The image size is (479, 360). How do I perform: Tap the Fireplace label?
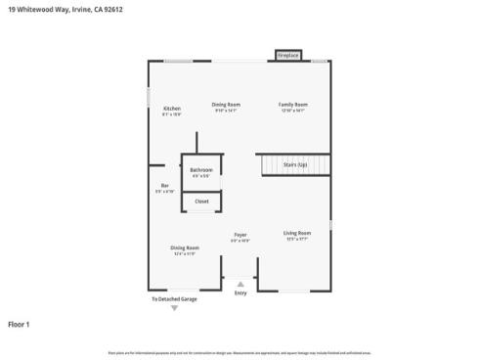click(287, 56)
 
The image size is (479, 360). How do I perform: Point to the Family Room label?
click(293, 104)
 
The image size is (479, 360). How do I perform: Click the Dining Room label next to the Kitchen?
click(227, 104)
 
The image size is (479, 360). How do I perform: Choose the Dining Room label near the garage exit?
click(185, 247)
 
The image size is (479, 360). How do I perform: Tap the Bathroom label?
click(201, 170)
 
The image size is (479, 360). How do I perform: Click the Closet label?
click(201, 201)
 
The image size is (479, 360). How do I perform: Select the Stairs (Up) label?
click(295, 165)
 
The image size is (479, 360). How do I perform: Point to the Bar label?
click(164, 185)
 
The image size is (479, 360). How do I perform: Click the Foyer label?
click(239, 234)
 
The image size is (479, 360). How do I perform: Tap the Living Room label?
click(297, 232)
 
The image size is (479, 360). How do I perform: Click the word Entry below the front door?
click(240, 292)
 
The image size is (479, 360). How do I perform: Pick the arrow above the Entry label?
click(240, 284)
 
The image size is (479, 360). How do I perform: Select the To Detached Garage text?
click(174, 298)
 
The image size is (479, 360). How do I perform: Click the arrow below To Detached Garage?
click(175, 308)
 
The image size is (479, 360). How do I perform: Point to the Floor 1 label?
click(20, 324)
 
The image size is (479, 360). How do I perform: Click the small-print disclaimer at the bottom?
click(239, 351)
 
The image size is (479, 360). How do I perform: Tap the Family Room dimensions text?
click(293, 111)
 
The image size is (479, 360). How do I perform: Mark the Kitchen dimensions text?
click(171, 113)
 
